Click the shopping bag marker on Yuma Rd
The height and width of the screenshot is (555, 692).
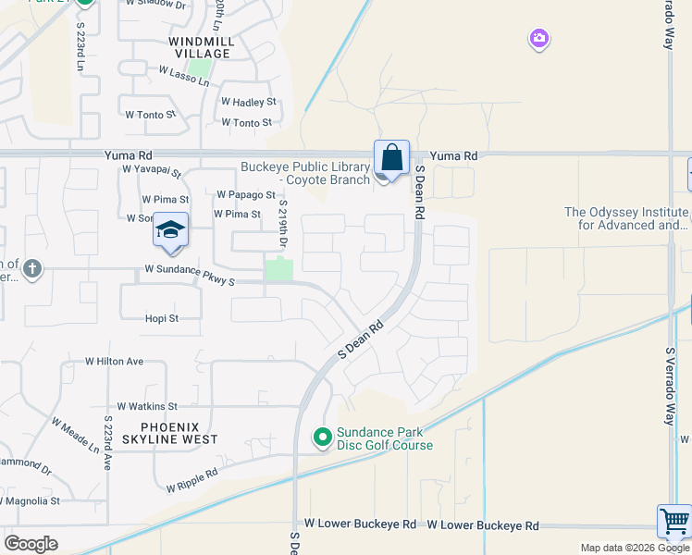(392, 157)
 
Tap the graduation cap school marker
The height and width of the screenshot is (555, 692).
(171, 230)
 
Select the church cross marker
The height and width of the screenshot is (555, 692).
(32, 269)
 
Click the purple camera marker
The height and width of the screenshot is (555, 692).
(538, 39)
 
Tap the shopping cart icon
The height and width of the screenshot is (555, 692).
(674, 521)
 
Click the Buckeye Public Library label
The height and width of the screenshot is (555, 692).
(305, 173)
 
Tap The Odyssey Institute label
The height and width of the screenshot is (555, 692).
(627, 218)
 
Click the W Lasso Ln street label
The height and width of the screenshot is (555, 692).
(184, 76)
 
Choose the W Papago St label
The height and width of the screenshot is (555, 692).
(246, 195)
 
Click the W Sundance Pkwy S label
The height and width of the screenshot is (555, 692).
(190, 270)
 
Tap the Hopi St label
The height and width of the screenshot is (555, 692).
(161, 318)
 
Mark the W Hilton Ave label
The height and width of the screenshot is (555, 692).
(115, 362)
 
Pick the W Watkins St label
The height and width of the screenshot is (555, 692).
(147, 406)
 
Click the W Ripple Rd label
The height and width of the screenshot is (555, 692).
(192, 480)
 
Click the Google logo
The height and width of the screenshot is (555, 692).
(31, 543)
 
